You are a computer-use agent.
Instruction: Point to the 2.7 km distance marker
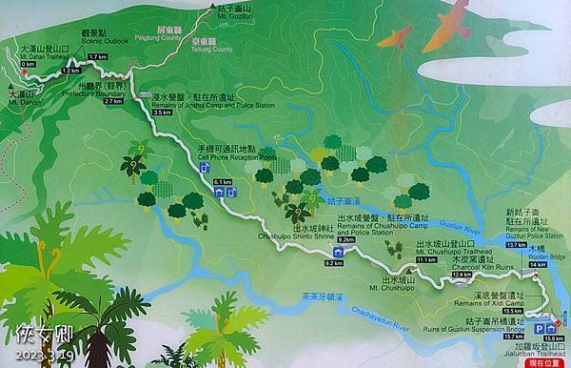(x=113, y=100)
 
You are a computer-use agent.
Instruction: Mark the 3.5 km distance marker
(x=161, y=112)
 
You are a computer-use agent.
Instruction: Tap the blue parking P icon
(x=540, y=324)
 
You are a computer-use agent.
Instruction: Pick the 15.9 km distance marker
(x=554, y=338)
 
